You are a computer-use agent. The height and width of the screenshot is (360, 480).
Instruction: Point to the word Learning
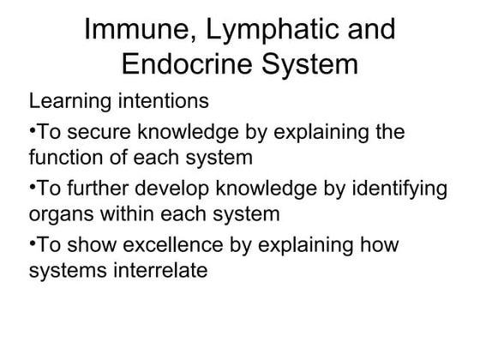(x=66, y=101)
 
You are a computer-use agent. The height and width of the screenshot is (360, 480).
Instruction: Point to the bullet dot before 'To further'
(x=33, y=188)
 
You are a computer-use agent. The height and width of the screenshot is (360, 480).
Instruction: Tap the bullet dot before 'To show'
(x=33, y=244)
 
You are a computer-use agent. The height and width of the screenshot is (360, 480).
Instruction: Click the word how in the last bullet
(x=381, y=246)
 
